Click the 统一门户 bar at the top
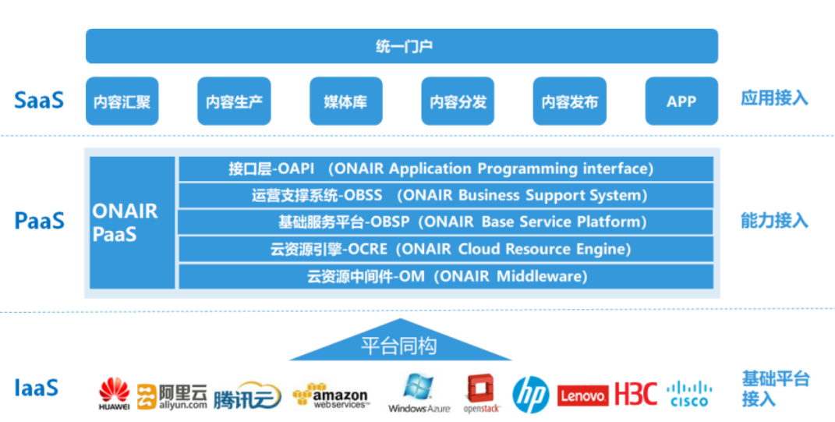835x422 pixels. [402, 46]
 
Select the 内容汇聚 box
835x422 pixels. [122, 101]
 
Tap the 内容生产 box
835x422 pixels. [234, 101]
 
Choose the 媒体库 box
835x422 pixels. [345, 101]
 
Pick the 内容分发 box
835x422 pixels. [458, 101]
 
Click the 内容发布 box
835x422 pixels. [570, 101]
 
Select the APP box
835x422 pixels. [681, 101]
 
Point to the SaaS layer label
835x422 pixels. [38, 100]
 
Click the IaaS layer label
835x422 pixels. [36, 387]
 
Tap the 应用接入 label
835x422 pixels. [774, 98]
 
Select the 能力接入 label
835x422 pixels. [774, 222]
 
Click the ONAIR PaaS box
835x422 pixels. [132, 222]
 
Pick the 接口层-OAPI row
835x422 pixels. [446, 169]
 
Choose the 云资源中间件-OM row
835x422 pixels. [446, 276]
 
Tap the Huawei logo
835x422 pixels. [115, 394]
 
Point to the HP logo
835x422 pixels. [531, 394]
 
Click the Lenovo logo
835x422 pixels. [583, 395]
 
